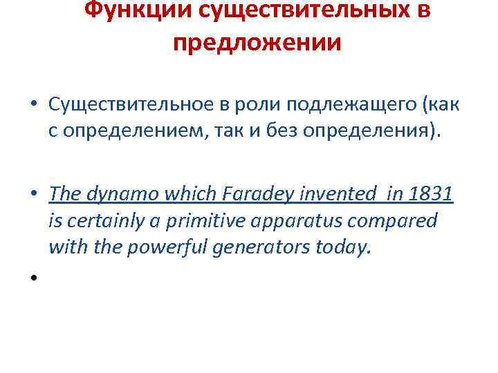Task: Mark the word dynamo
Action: pos(113,194)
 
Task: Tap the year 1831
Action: pos(432,194)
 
